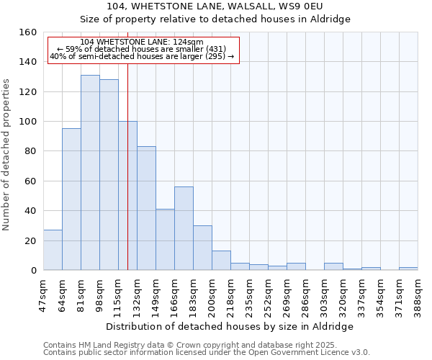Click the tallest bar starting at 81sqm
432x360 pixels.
click(x=90, y=173)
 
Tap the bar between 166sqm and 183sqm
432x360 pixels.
click(x=184, y=228)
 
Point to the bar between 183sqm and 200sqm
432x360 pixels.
click(x=202, y=248)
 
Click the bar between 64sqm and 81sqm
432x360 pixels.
click(x=71, y=199)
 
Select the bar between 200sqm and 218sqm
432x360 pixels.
click(x=221, y=261)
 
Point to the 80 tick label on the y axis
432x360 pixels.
click(x=30, y=151)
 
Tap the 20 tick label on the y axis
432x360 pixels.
click(x=30, y=240)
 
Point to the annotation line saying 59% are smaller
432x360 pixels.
click(x=143, y=49)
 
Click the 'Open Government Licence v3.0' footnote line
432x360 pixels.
click(x=206, y=352)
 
